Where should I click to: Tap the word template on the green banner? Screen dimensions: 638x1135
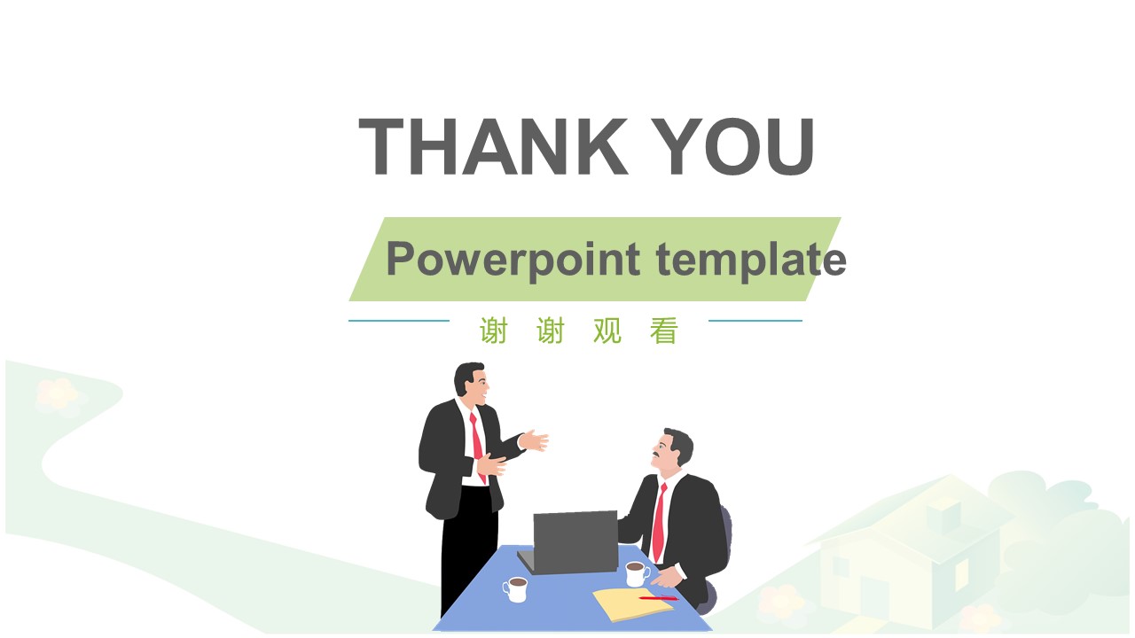[x=751, y=260]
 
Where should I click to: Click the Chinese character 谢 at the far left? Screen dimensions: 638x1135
[x=494, y=331]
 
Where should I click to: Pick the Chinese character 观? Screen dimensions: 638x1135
[x=607, y=331]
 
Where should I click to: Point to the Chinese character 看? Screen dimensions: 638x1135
[x=664, y=331]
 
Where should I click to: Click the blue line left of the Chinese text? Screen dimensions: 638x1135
[x=399, y=321]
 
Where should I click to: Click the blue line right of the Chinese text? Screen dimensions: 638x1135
[x=755, y=321]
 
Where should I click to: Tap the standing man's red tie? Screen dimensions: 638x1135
[x=477, y=443]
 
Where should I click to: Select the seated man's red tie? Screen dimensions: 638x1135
[x=659, y=523]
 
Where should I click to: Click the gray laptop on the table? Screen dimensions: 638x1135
[x=572, y=541]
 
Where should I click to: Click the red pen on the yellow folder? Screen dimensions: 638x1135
[x=658, y=598]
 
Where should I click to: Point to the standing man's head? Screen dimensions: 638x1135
[x=471, y=381]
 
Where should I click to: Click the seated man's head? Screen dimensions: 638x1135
[x=674, y=449]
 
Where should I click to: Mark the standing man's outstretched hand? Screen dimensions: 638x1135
[x=535, y=440]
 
